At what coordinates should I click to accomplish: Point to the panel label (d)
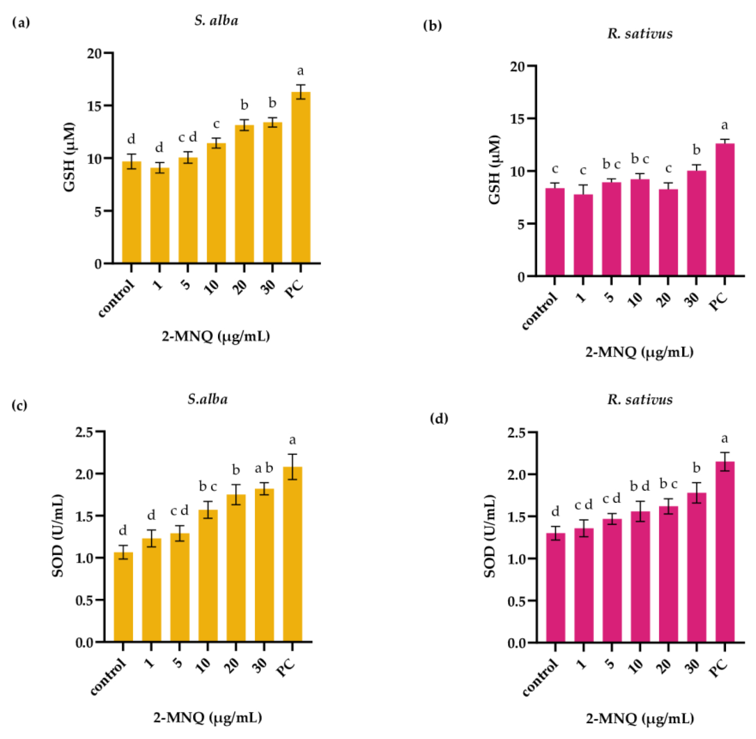click(x=439, y=419)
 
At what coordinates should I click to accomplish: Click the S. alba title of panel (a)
click(x=216, y=21)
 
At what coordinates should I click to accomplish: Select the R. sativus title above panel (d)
click(x=639, y=399)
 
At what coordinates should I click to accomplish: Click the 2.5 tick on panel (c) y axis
click(x=86, y=432)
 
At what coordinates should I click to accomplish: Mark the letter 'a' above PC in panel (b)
click(x=724, y=125)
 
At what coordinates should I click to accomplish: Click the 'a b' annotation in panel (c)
click(x=264, y=468)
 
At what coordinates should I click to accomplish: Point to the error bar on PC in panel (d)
click(x=725, y=462)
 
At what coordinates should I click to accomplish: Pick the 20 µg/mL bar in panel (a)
click(x=244, y=194)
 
